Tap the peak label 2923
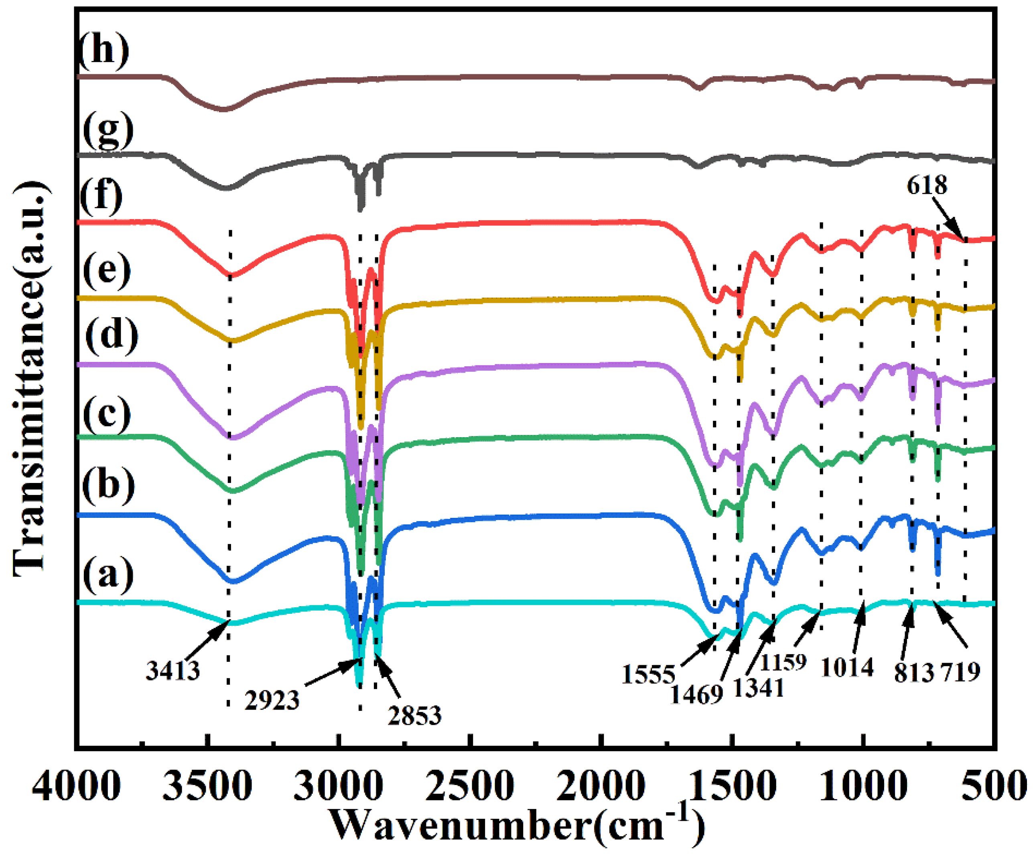tap(272, 700)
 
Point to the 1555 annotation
tap(648, 674)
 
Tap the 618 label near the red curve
tap(927, 185)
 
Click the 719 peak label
tap(960, 671)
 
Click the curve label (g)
tap(108, 129)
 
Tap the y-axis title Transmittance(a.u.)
tap(30, 379)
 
